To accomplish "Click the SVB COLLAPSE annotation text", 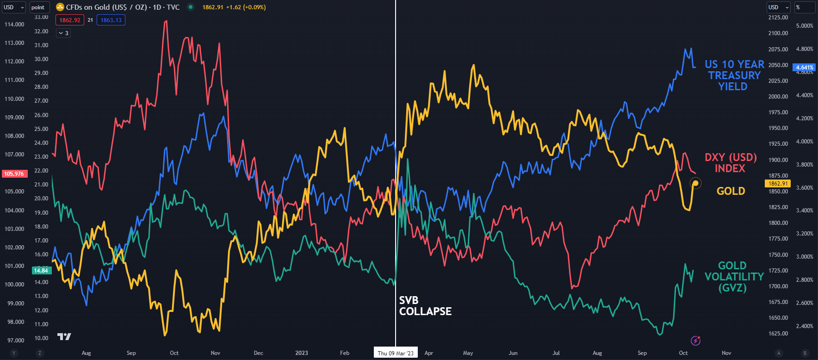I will coord(425,306).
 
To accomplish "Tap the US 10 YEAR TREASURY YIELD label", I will coord(734,75).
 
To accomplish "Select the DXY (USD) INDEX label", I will coord(730,163).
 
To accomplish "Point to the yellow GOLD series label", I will coord(731,191).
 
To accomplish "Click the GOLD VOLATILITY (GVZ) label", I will coord(733,277).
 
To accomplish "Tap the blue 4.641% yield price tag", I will coord(804,68).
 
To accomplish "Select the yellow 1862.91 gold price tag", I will coord(778,184).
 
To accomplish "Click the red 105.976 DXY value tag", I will coord(14,174).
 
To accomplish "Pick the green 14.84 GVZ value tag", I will coord(41,271).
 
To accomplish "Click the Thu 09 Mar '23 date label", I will coord(395,353).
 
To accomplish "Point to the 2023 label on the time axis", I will coord(301,353).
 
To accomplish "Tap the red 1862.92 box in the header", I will coord(70,20).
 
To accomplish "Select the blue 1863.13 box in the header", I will coord(111,20).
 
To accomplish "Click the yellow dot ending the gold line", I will coord(695,184).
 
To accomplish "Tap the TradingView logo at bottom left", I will coord(64,336).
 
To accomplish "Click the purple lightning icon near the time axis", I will coord(695,341).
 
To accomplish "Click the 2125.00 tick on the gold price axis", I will coord(778,18).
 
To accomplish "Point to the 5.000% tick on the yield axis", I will coord(804,26).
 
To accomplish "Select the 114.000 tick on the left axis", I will coord(14,25).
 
